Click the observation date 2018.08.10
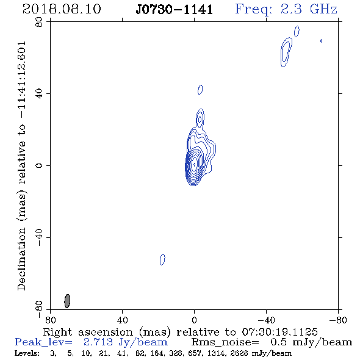click(62, 9)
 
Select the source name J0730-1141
click(175, 10)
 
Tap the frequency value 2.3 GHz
click(309, 9)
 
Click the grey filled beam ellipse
click(67, 301)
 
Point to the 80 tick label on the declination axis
click(39, 22)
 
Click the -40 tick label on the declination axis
click(39, 237)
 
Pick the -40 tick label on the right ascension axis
click(266, 320)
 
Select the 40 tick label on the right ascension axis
click(123, 320)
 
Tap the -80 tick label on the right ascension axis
click(338, 320)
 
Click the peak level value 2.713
click(98, 342)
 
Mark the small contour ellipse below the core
click(162, 259)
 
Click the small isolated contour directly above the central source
click(200, 90)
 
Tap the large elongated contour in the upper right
click(286, 52)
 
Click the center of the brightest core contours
click(194, 164)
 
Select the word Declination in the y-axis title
click(21, 259)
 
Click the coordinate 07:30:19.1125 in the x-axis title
click(279, 332)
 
